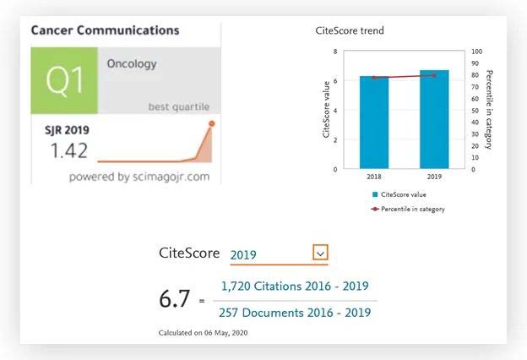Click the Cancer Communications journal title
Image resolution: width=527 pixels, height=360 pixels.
click(105, 30)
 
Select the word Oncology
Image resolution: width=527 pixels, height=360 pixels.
click(131, 63)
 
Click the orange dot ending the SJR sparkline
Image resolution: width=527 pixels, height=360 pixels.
click(211, 123)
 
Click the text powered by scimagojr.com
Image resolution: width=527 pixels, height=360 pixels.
click(139, 177)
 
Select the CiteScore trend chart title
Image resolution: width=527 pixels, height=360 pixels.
click(350, 31)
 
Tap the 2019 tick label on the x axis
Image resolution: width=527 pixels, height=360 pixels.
click(434, 177)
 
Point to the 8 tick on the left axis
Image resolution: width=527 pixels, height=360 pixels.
click(336, 52)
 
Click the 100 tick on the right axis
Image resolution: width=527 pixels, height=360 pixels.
click(477, 52)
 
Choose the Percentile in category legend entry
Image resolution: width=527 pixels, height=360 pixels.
click(408, 209)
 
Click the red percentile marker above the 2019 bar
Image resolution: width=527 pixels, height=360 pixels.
click(434, 75)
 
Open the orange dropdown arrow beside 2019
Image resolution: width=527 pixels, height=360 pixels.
click(319, 253)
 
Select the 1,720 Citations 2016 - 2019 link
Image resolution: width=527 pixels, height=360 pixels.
click(295, 286)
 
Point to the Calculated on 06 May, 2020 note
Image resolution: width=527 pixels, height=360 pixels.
click(204, 333)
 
